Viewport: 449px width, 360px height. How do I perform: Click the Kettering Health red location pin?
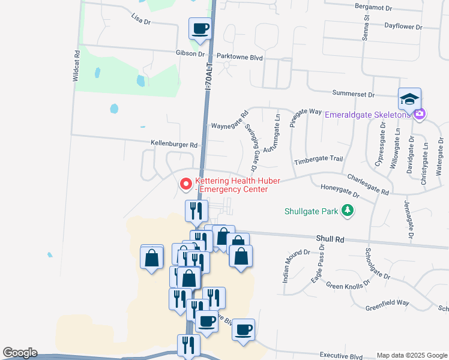click(186, 184)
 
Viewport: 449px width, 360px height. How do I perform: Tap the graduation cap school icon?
click(409, 99)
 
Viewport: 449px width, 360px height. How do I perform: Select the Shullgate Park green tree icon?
click(347, 211)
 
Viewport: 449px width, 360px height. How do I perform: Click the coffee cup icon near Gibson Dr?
click(200, 28)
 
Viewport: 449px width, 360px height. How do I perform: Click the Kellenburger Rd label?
click(174, 145)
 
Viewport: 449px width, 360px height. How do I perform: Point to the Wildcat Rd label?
click(76, 65)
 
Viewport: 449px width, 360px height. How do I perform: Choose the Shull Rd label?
click(331, 239)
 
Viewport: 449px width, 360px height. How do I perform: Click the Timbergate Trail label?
click(318, 161)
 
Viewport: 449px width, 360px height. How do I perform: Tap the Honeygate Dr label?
click(339, 191)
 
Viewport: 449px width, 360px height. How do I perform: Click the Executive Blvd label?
click(342, 355)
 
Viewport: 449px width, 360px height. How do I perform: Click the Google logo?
click(20, 353)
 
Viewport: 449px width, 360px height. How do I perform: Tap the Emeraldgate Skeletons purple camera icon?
click(420, 113)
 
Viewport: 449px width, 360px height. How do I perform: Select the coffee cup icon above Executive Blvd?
click(243, 330)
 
